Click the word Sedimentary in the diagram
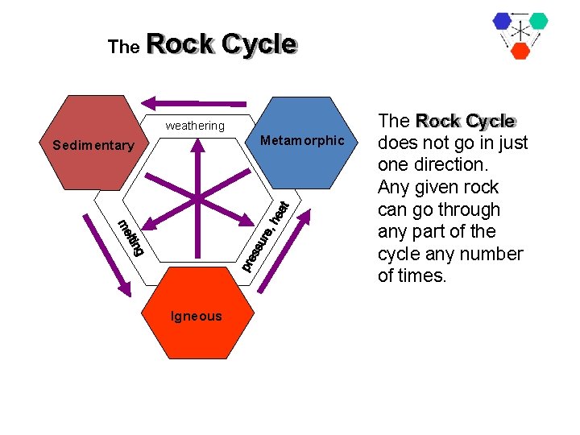tap(93, 146)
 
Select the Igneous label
tap(196, 317)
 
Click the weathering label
tap(195, 126)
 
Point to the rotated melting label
tap(130, 238)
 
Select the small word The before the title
tap(123, 48)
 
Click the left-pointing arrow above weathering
tap(194, 102)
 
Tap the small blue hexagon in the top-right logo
tap(503, 22)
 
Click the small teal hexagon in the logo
tap(538, 21)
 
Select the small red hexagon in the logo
tap(520, 50)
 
